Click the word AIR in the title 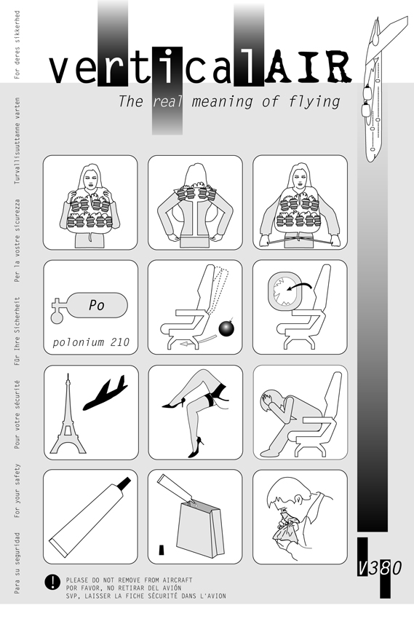coord(308,67)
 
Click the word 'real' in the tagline coord(167,101)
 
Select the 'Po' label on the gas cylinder coord(97,304)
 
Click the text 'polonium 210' coord(91,342)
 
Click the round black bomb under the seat coord(227,328)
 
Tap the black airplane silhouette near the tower coord(106,393)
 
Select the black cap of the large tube coord(124,483)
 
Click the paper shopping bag coord(201,529)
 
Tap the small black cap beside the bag coord(161,550)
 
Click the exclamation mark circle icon coord(52,582)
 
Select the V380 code coord(379,568)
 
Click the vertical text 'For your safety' coord(17,491)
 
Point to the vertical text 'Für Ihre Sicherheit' coord(17,331)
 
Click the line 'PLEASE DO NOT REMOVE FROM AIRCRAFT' coord(130,580)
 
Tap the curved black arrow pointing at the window coord(300,285)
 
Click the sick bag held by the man coord(286,529)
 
